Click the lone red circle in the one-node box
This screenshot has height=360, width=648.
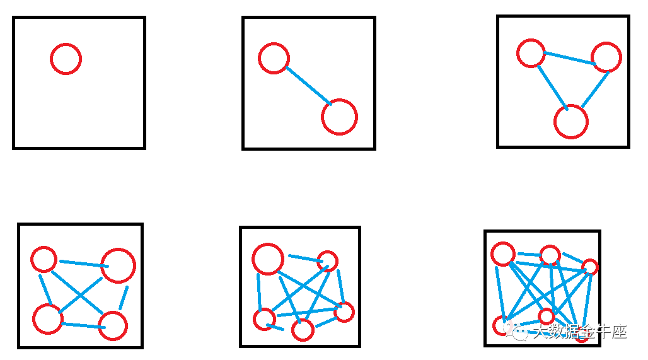click(66, 59)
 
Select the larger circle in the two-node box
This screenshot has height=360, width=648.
click(339, 117)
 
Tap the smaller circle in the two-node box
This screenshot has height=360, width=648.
click(274, 58)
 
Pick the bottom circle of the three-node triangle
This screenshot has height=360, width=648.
click(571, 122)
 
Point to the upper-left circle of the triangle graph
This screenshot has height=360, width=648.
click(531, 53)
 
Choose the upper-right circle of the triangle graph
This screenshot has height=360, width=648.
click(607, 57)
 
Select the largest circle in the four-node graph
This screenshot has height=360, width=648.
click(118, 265)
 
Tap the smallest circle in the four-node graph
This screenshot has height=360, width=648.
click(44, 259)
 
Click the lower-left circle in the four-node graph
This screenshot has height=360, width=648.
click(48, 318)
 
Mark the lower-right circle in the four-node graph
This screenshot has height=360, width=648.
click(113, 325)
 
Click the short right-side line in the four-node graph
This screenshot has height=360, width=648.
click(124, 298)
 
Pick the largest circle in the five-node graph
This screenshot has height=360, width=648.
click(268, 258)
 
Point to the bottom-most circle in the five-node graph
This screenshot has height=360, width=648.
click(303, 329)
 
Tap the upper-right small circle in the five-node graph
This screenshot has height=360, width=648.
click(327, 260)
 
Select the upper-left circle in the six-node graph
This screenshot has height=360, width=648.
click(503, 253)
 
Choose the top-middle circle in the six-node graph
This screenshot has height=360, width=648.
click(550, 255)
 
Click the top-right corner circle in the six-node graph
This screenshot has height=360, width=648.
click(589, 267)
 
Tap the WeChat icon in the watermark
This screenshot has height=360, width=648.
click(521, 332)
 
